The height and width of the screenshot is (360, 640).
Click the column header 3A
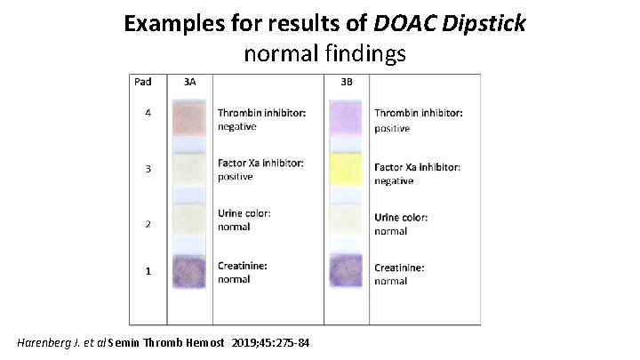click(189, 82)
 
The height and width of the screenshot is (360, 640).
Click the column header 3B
click(347, 82)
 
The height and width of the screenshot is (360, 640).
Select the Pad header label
click(143, 82)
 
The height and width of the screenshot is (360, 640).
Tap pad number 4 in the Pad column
click(148, 113)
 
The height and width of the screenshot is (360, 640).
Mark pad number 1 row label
click(148, 272)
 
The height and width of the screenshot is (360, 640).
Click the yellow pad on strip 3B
click(347, 169)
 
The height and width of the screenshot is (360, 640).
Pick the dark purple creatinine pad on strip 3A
click(189, 272)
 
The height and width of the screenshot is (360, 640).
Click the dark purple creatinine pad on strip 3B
click(347, 272)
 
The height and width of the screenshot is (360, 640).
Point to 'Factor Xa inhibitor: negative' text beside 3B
click(417, 174)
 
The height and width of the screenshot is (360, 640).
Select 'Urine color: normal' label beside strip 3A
click(244, 220)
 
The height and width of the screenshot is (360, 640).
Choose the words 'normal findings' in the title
click(324, 52)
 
